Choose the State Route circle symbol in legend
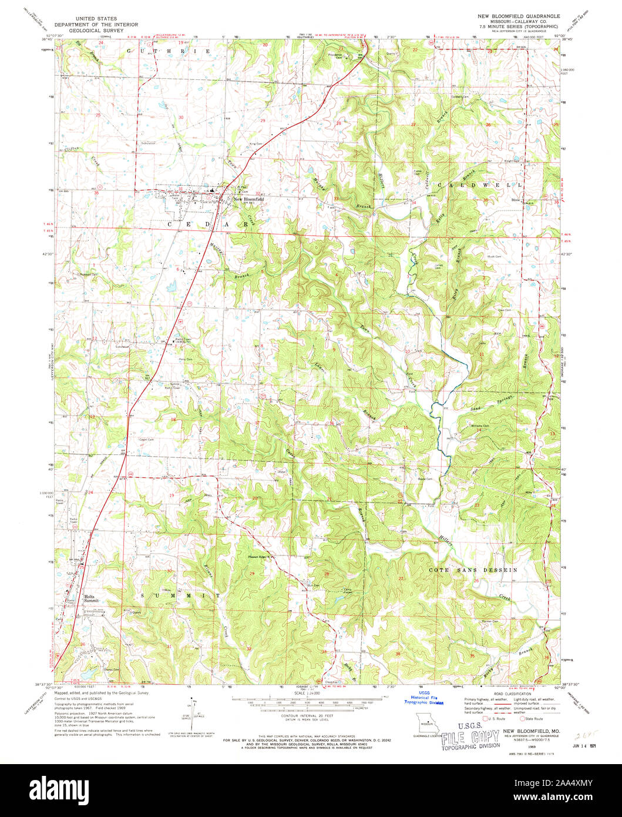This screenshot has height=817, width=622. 523,718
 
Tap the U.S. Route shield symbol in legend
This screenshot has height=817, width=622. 485,718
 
